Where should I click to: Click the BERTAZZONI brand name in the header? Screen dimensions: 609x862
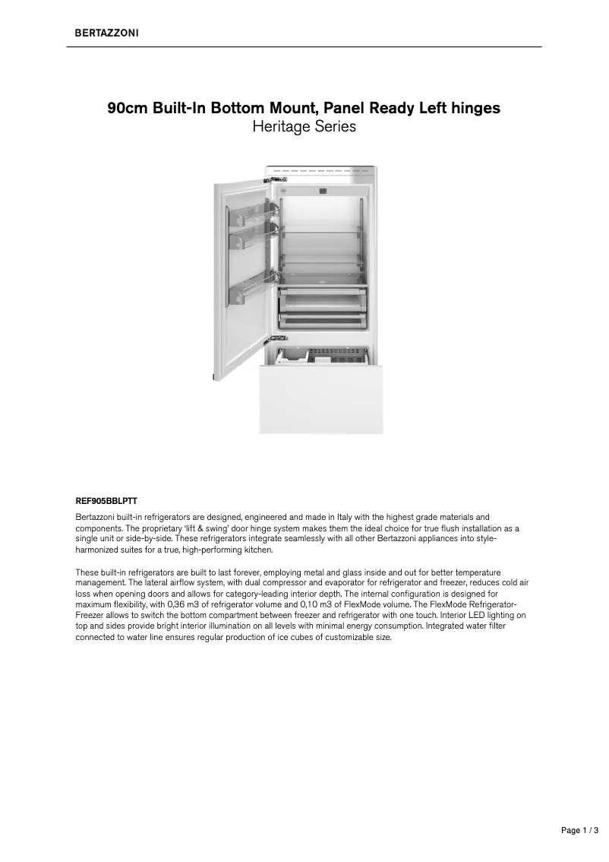pyautogui.click(x=106, y=33)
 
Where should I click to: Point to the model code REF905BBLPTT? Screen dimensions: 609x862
pyautogui.click(x=106, y=502)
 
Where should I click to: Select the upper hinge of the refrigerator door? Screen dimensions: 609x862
pyautogui.click(x=270, y=180)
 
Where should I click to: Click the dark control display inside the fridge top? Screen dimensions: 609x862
pyautogui.click(x=322, y=192)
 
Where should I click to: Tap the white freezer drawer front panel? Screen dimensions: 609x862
pyautogui.click(x=321, y=398)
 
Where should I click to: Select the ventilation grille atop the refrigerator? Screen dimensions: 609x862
pyautogui.click(x=320, y=171)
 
